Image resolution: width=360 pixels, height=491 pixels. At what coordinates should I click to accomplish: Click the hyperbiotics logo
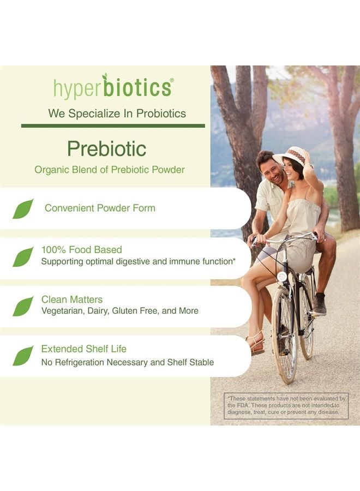(113, 87)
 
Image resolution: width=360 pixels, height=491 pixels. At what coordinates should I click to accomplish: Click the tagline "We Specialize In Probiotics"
(117, 113)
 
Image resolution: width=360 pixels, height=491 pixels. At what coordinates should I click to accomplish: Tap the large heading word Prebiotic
(107, 148)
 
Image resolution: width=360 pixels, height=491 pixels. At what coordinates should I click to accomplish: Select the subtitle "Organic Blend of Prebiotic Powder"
(110, 170)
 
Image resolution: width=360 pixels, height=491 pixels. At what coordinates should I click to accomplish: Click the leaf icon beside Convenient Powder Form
(23, 209)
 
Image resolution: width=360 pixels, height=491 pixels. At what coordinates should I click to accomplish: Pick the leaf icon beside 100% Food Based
(23, 256)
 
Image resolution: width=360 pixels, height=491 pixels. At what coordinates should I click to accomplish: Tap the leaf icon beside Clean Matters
(23, 306)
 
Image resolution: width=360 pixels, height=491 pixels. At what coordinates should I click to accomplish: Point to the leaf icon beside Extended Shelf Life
(23, 355)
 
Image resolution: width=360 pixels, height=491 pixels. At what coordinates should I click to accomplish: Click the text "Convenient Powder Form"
(100, 208)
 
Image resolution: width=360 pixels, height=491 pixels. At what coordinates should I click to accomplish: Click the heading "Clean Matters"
(72, 300)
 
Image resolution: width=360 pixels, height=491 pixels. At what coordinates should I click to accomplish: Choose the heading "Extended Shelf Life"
(84, 349)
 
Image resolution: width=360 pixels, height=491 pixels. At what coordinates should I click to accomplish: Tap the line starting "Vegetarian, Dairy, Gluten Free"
(120, 311)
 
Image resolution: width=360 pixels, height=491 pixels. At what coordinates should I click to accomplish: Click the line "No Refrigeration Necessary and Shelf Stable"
(128, 362)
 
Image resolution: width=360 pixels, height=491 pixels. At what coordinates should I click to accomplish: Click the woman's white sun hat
(291, 156)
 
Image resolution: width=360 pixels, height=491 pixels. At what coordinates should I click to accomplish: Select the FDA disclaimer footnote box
(286, 405)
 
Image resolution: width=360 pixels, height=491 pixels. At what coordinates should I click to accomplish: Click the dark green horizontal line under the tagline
(113, 125)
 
